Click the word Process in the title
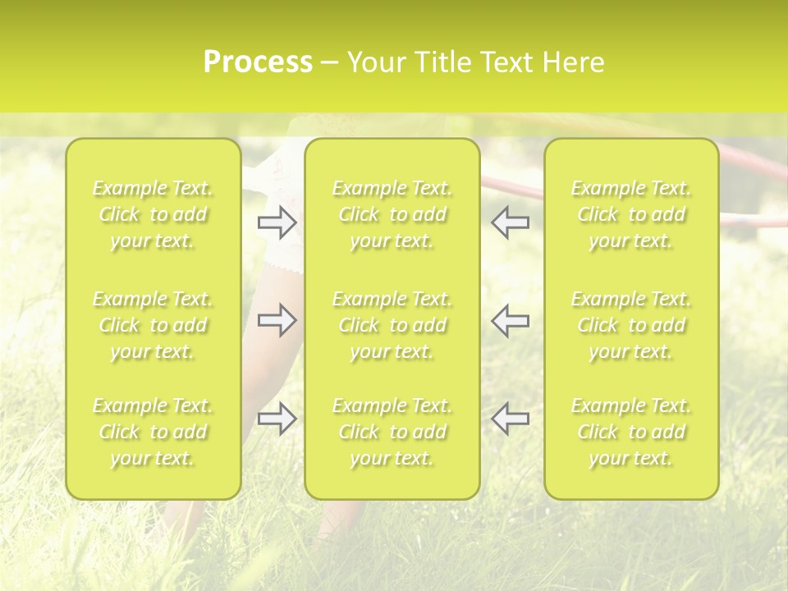click(258, 62)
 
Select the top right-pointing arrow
click(277, 222)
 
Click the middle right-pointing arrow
click(277, 320)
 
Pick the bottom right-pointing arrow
click(277, 419)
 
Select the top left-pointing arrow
click(511, 222)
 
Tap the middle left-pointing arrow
click(511, 320)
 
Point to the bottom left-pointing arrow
click(511, 419)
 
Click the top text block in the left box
click(153, 214)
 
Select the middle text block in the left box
click(153, 325)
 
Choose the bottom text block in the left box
click(153, 432)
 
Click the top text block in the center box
click(392, 214)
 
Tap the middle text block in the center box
click(392, 325)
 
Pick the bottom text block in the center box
click(392, 432)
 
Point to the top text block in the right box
click(631, 214)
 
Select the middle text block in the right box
click(631, 325)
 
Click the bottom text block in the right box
click(631, 432)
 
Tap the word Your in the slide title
click(376, 62)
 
